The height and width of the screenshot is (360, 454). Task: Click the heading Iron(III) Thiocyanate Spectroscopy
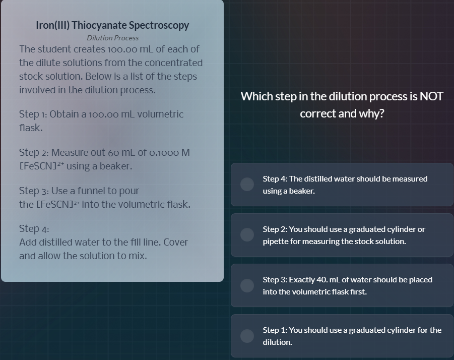click(112, 25)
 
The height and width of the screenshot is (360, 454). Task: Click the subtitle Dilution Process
click(112, 38)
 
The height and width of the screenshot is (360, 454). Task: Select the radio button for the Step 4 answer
click(247, 185)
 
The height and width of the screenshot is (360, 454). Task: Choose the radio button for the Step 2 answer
click(247, 235)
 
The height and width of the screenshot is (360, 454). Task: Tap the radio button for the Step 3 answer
click(247, 285)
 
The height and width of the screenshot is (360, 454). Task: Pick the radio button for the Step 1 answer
click(247, 336)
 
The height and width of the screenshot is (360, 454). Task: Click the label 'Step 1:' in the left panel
click(33, 114)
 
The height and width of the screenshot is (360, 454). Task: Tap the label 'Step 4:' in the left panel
click(34, 229)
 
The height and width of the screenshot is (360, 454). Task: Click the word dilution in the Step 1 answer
click(277, 342)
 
